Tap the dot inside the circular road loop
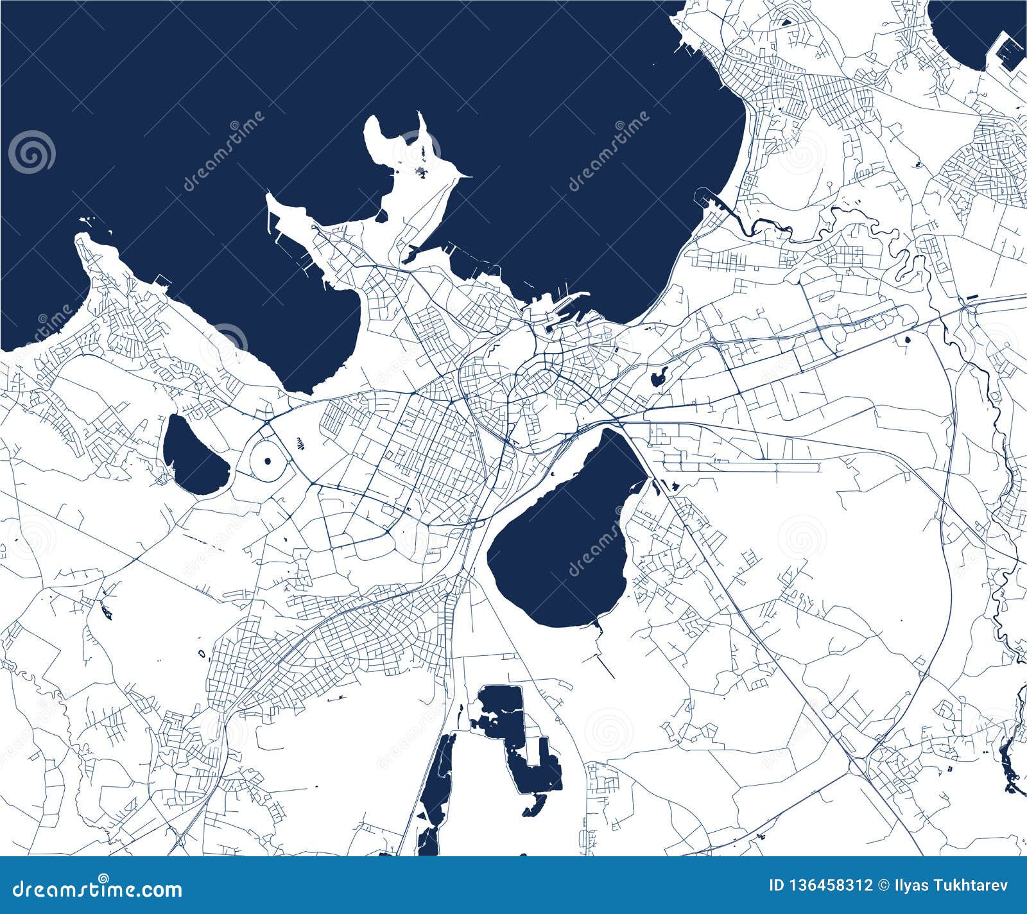(x=267, y=460)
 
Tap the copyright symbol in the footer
(x=884, y=886)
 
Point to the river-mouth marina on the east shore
(x=712, y=199)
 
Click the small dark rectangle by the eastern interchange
(x=973, y=298)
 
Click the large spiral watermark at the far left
(x=31, y=152)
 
